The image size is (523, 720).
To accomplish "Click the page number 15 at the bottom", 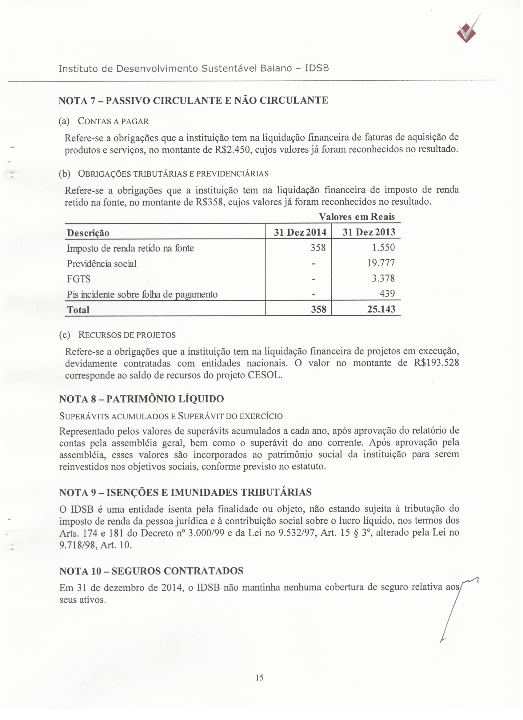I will (x=259, y=678).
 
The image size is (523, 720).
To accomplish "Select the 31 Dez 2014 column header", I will (x=300, y=232).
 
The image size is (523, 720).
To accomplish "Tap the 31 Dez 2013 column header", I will (x=369, y=232).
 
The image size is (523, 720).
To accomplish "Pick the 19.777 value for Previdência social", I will (x=383, y=263).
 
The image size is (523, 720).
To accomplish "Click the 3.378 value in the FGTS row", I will (x=383, y=278).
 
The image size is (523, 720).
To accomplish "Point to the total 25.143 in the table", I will (x=381, y=309).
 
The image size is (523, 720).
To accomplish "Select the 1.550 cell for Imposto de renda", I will (x=383, y=247).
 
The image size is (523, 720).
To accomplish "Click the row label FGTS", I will (x=79, y=279).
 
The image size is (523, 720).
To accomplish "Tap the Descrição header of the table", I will (x=88, y=233).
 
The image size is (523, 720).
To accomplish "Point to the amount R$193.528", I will (x=436, y=362).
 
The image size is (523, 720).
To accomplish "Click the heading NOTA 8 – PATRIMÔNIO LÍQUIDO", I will (x=142, y=399).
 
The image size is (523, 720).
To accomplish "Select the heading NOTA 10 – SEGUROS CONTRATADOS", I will (x=151, y=571).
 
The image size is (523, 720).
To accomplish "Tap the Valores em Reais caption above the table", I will (x=357, y=217).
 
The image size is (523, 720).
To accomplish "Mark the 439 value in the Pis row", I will (x=387, y=294).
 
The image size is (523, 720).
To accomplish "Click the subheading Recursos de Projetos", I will (x=127, y=335).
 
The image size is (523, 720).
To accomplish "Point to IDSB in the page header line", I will (x=317, y=68).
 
